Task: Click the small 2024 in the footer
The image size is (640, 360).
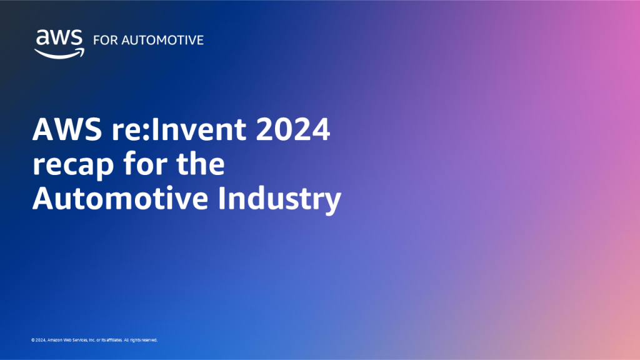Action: point(40,341)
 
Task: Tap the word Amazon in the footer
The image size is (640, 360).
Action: point(55,341)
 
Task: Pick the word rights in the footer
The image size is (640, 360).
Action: point(136,341)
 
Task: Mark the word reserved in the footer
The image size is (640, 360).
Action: point(150,341)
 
